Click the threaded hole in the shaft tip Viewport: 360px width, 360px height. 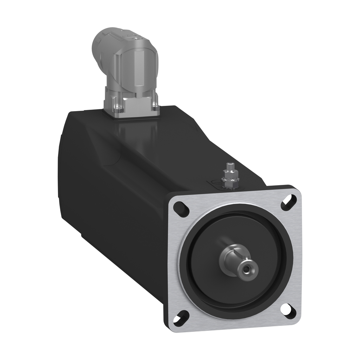248,269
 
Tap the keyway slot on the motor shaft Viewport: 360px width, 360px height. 236,252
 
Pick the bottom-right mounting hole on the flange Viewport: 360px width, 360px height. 290,310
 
